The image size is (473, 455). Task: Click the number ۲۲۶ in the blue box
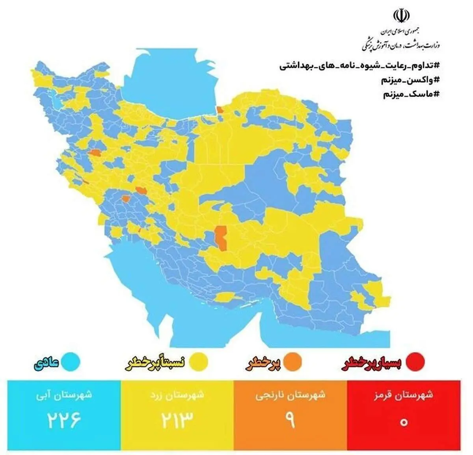click(x=64, y=421)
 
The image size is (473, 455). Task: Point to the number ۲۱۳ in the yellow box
click(x=177, y=421)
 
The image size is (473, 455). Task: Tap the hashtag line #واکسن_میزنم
click(x=410, y=80)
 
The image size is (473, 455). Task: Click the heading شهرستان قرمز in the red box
click(x=404, y=395)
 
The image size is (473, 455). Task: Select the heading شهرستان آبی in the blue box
click(x=64, y=395)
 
